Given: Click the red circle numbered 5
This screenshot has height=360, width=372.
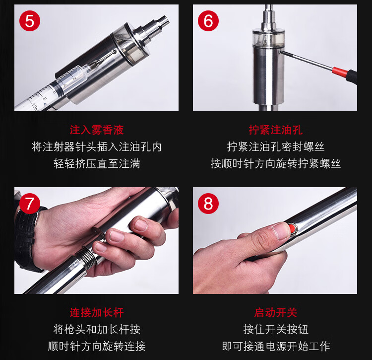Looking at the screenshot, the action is (30, 21).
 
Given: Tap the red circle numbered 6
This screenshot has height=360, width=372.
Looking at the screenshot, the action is (208, 21).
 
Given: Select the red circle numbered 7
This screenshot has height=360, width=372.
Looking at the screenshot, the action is (30, 204).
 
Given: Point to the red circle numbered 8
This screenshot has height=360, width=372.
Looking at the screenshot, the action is (208, 204).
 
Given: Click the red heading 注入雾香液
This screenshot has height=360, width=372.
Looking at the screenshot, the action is (97, 130).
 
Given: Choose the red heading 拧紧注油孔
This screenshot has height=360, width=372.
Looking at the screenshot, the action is (275, 130).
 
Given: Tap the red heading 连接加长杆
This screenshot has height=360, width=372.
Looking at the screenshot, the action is (97, 312).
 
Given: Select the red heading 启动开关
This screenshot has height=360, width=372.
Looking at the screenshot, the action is (275, 312).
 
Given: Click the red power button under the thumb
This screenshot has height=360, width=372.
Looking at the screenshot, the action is (293, 229).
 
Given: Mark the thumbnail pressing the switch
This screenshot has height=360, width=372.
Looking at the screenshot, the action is (281, 230).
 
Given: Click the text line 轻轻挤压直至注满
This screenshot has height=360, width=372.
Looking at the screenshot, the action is (97, 164).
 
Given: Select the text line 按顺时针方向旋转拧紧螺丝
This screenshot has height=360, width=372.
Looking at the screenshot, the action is (275, 164).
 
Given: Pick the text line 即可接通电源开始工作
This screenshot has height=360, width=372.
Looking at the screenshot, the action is (275, 346).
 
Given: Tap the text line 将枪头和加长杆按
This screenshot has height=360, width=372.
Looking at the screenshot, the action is (97, 329).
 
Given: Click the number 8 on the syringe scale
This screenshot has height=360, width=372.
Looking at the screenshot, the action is (44, 98).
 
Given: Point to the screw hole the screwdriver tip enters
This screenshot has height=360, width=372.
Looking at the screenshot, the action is (280, 52).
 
